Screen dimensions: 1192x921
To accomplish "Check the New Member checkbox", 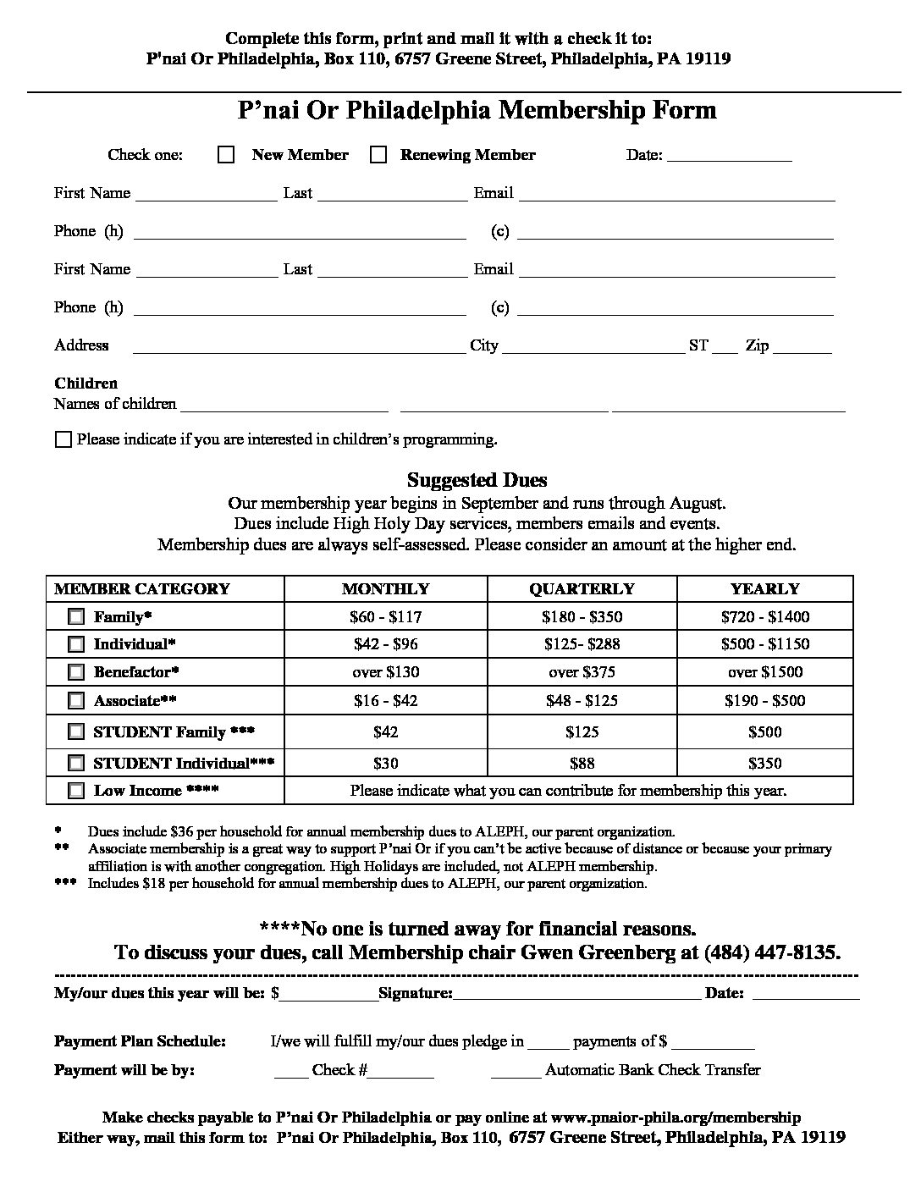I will tap(226, 155).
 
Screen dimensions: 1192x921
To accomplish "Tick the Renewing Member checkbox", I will tap(378, 155).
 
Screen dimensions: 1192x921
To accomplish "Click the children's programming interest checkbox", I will tap(63, 439).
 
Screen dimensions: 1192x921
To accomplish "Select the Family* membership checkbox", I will tap(76, 616).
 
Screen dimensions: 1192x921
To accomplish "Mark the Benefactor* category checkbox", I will tap(76, 672).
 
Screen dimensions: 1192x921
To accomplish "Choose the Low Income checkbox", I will tap(76, 791).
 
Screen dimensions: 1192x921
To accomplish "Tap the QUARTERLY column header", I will tap(582, 589).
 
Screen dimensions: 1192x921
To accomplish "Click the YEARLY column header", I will tap(764, 589).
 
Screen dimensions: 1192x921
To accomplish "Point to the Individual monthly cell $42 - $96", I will tap(385, 644).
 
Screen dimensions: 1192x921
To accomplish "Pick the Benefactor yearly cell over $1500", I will tap(764, 672).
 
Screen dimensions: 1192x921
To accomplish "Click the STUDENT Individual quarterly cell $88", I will tap(582, 763).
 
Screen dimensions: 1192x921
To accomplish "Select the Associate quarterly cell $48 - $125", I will tap(582, 701).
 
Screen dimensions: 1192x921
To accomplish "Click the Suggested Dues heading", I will tap(477, 481).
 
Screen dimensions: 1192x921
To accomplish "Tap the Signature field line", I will tap(576, 994).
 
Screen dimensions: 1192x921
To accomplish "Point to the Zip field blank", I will tap(802, 347).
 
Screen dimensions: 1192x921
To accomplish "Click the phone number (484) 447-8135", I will tap(771, 952).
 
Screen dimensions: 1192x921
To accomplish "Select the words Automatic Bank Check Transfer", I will tap(653, 1070).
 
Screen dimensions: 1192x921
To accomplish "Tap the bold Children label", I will tap(85, 384).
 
